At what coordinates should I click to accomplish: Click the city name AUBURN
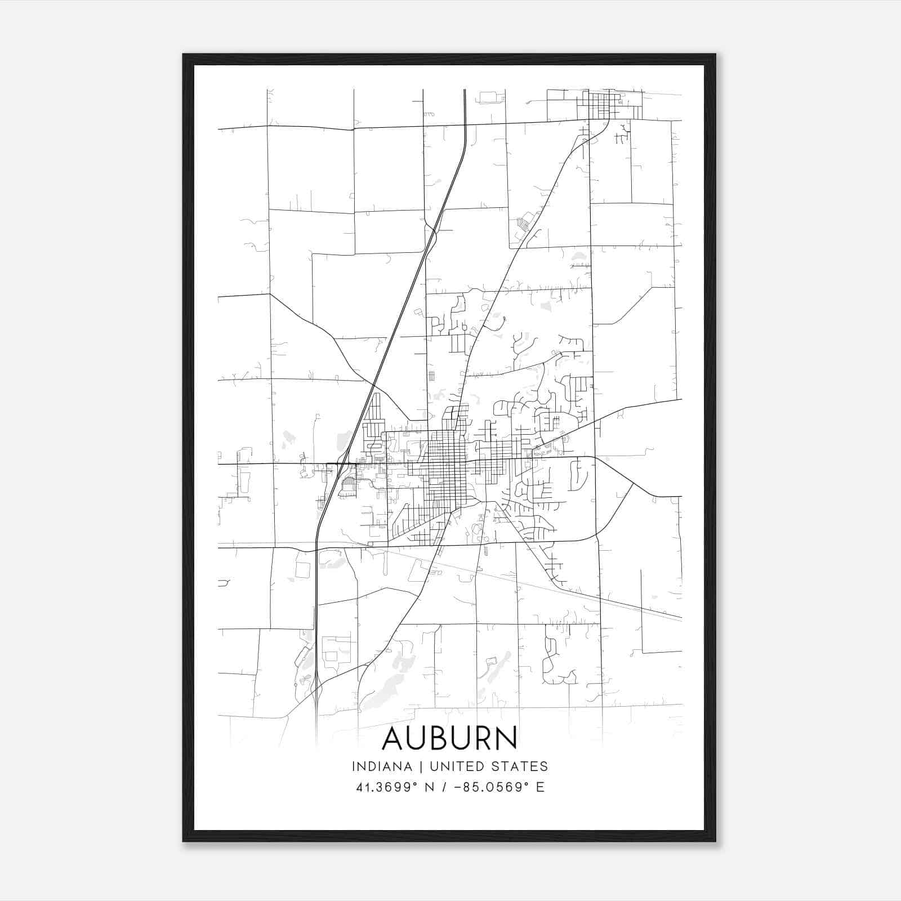pyautogui.click(x=449, y=739)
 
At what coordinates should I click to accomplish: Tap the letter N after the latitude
pyautogui.click(x=429, y=787)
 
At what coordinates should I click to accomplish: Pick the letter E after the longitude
pyautogui.click(x=541, y=787)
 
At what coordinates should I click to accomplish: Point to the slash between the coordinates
pyautogui.click(x=445, y=787)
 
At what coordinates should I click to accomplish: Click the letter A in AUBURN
pyautogui.click(x=393, y=739)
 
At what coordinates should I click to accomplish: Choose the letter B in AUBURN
pyautogui.click(x=448, y=739)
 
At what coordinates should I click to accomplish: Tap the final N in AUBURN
pyautogui.click(x=506, y=739)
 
